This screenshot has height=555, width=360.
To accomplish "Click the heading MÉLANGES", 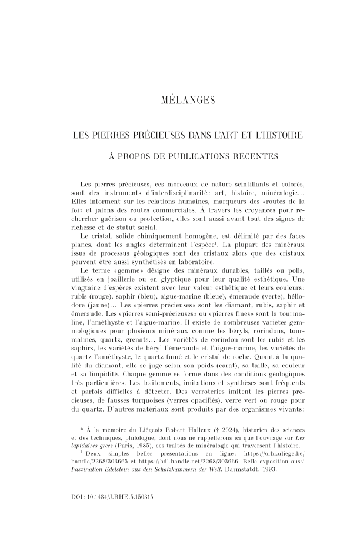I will (x=179, y=100).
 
